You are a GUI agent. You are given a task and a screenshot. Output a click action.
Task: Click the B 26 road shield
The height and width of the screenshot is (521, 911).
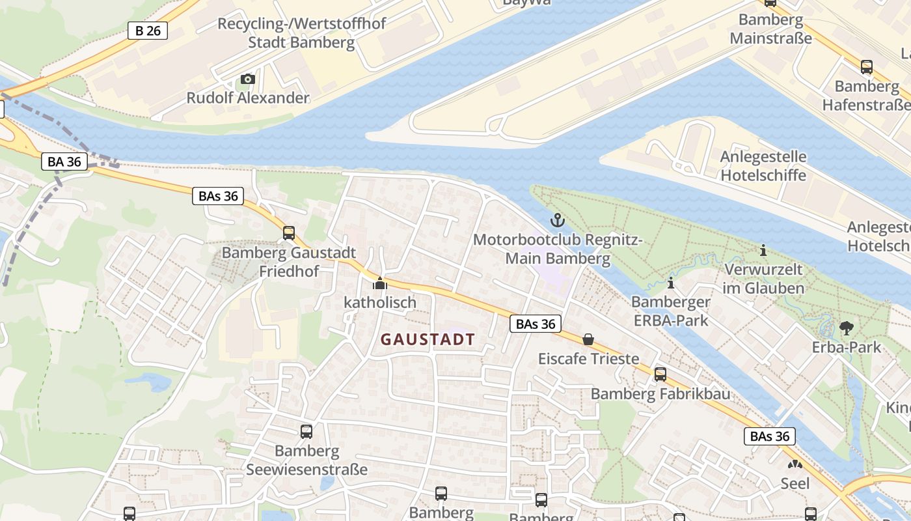tap(148, 31)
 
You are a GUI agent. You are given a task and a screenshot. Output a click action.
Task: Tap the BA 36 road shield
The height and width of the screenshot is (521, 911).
tap(64, 162)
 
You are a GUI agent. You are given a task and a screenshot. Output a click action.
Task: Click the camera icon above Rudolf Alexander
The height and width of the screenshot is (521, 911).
tap(247, 79)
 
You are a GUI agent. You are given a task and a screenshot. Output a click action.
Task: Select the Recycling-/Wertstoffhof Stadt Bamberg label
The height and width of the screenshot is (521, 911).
tap(301, 33)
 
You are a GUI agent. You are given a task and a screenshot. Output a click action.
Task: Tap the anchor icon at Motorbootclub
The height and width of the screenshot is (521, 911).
tap(557, 220)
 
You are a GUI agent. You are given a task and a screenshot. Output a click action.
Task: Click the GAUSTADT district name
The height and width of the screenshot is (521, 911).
tap(428, 339)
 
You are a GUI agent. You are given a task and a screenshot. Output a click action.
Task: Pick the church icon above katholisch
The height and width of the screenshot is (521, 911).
tap(379, 284)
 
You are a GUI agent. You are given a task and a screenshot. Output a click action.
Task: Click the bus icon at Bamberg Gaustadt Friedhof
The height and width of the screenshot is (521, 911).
tap(288, 233)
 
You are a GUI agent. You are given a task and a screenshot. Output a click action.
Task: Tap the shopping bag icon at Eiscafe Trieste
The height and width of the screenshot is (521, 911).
tap(588, 339)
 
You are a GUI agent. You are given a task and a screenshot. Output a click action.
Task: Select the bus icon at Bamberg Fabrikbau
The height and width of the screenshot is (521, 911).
tap(660, 374)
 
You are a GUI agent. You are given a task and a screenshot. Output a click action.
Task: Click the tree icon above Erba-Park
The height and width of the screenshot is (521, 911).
tap(846, 328)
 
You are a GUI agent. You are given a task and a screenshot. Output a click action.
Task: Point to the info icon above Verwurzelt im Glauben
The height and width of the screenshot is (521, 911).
tap(763, 250)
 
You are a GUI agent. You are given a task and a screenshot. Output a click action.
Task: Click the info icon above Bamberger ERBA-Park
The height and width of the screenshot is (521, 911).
tap(671, 283)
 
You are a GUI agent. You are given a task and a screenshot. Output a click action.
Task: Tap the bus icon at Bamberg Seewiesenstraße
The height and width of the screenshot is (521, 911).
tap(306, 431)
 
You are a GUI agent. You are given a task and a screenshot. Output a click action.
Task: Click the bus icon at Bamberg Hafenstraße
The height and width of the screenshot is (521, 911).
tap(866, 66)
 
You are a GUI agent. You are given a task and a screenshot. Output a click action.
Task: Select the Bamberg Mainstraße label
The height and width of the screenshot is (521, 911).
tap(770, 29)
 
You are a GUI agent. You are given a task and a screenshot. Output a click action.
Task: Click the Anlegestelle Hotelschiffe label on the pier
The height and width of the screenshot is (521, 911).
tap(763, 166)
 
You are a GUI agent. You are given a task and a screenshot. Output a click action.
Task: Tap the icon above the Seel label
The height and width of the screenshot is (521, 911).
tap(795, 464)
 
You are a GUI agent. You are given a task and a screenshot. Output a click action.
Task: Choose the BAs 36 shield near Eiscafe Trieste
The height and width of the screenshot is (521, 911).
tap(535, 324)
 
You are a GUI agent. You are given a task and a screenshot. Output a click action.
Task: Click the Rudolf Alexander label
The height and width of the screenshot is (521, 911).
tap(247, 98)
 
